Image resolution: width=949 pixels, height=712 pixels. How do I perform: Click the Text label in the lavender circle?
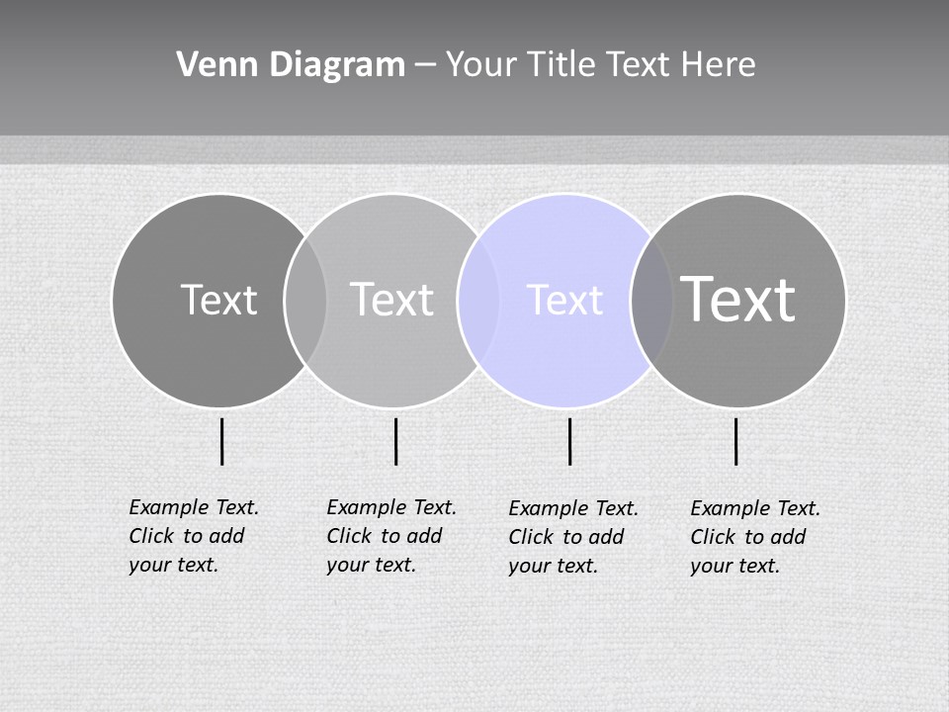[564, 300]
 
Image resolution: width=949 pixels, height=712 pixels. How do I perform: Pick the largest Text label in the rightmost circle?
[738, 300]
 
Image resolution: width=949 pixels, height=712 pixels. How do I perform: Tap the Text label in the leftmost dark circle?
[218, 300]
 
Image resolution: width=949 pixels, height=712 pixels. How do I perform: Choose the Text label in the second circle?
[391, 300]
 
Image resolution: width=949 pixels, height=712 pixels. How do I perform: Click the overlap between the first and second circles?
[305, 300]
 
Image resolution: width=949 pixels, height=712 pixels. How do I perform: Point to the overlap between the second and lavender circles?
[478, 300]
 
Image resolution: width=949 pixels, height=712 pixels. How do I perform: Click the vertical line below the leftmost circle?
[222, 441]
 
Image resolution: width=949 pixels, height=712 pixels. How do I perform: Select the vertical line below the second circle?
[395, 441]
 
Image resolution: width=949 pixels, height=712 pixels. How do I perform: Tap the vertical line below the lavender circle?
[569, 441]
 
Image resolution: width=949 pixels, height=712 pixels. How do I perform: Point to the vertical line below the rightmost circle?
[736, 441]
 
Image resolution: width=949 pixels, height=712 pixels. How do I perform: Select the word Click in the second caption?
[349, 536]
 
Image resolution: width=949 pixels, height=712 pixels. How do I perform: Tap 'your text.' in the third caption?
[553, 566]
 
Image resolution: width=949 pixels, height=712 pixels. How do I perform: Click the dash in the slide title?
[425, 65]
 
